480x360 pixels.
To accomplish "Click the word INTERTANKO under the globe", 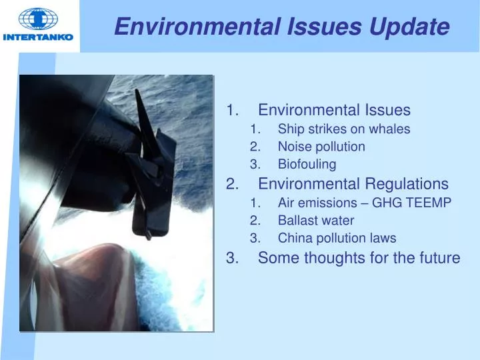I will click(38, 37).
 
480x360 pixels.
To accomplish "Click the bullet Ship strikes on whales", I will click(343, 129).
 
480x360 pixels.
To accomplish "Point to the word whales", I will click(392, 129).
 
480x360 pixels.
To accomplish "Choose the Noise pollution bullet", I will click(321, 147).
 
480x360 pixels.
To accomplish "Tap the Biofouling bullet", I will click(307, 164).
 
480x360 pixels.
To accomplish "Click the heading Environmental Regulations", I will click(353, 183).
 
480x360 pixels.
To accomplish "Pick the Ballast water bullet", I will click(316, 220).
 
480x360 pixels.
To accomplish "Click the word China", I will click(293, 238).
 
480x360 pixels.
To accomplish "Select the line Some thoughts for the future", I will click(359, 257).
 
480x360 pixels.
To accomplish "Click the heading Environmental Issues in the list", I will click(334, 110).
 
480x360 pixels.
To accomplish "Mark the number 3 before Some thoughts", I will click(231, 257).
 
